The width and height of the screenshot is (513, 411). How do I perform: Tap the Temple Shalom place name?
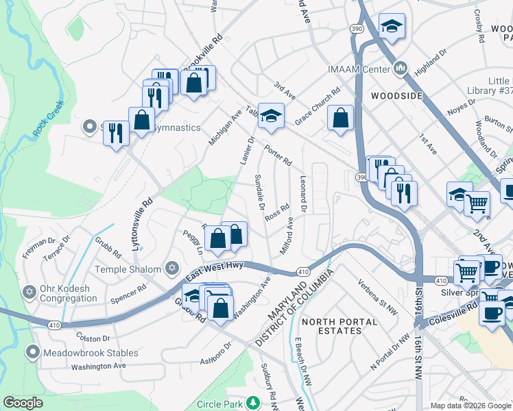click(x=128, y=270)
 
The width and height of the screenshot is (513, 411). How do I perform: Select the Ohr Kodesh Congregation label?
click(x=69, y=293)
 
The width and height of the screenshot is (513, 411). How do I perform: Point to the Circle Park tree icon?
click(x=254, y=401)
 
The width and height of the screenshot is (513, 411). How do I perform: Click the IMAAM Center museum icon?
click(x=401, y=68)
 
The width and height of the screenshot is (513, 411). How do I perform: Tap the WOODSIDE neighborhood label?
click(x=396, y=96)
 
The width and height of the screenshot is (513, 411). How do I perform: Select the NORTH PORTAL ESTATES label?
click(x=339, y=326)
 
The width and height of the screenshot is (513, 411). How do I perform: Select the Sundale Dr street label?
click(x=260, y=191)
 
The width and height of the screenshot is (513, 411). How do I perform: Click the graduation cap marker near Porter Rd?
click(x=271, y=116)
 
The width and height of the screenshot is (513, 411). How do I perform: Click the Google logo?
click(x=23, y=403)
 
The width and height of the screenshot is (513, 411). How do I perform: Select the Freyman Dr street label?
click(x=38, y=247)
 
